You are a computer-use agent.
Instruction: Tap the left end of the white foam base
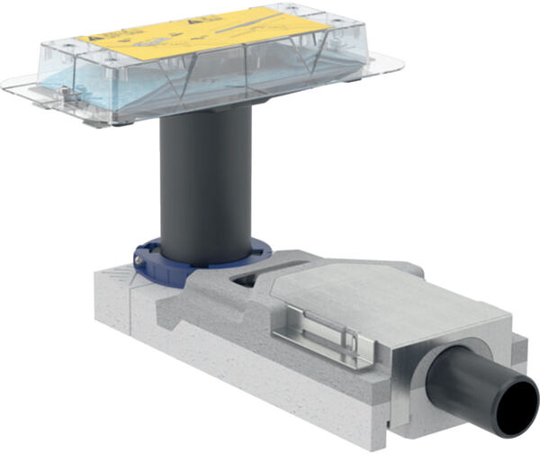point(99,288)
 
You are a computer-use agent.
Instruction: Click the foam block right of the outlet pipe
point(520,351)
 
